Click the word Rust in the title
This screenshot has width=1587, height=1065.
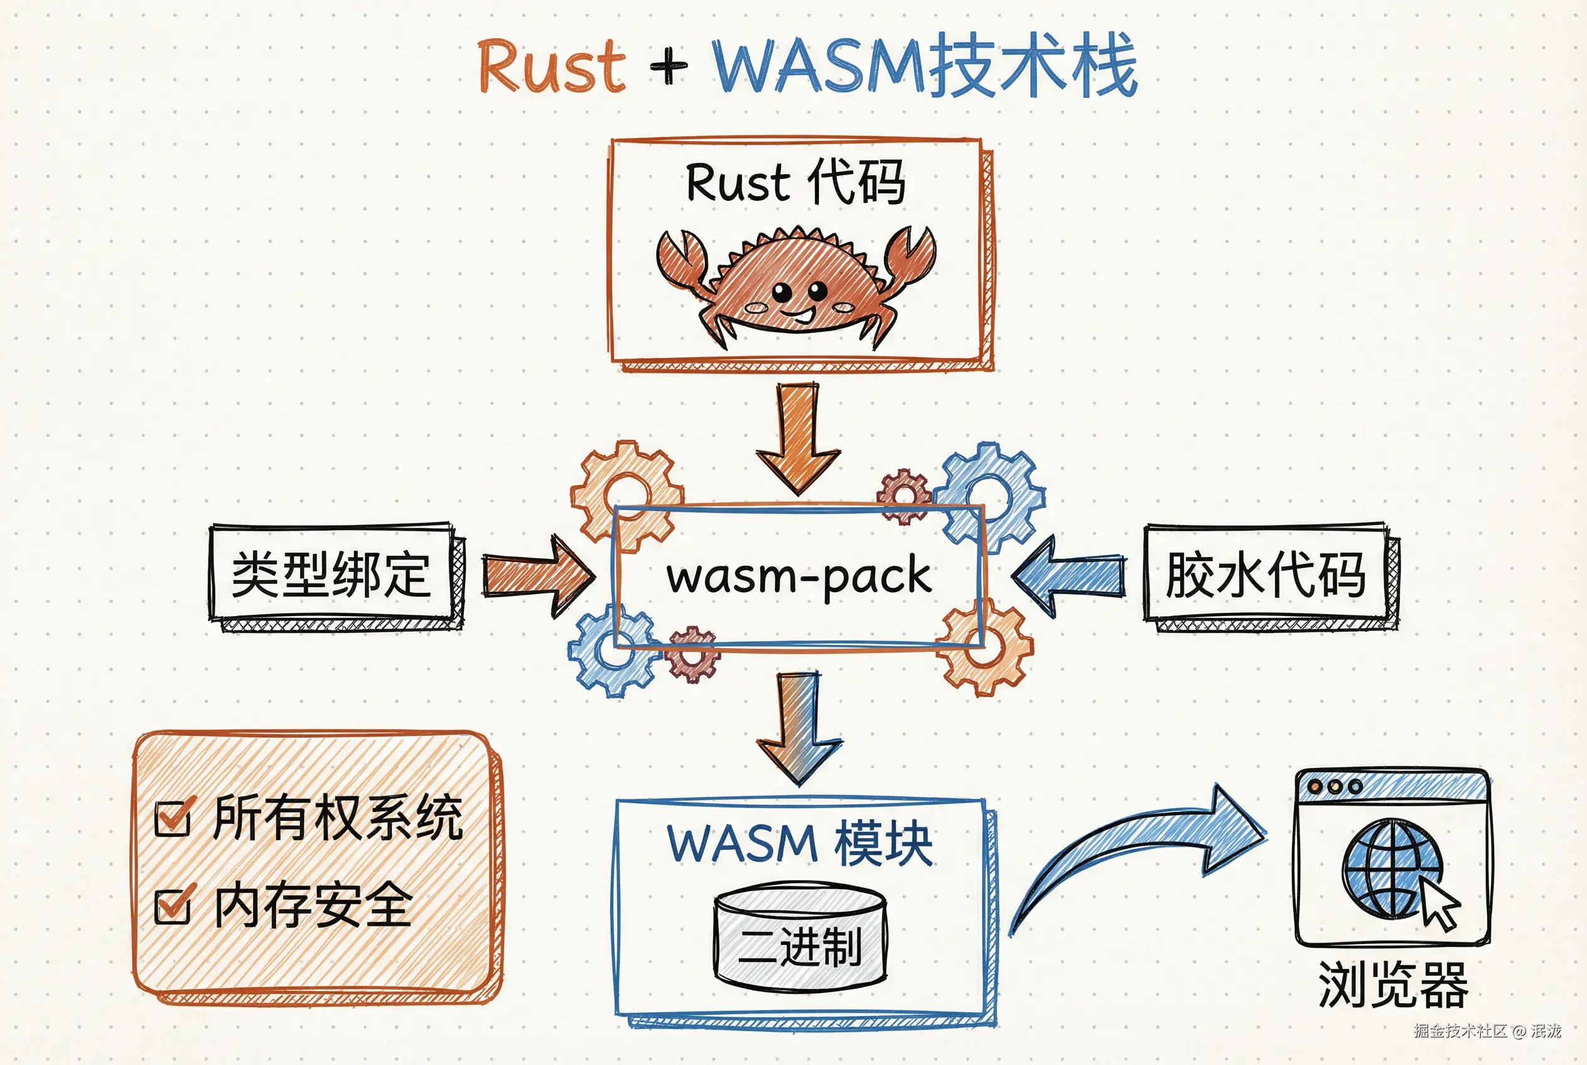click(551, 66)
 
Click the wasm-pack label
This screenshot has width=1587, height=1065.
click(798, 576)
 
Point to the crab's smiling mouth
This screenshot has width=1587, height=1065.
click(801, 315)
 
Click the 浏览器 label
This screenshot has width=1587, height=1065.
click(1392, 985)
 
